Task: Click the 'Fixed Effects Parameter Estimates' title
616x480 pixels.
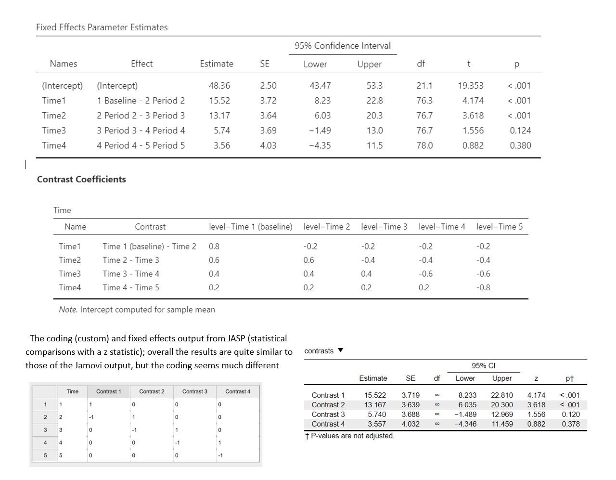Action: pyautogui.click(x=102, y=27)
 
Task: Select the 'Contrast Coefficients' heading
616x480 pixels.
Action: pyautogui.click(x=81, y=179)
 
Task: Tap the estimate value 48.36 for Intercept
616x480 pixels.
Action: pyautogui.click(x=219, y=86)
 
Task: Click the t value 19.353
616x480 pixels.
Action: pyautogui.click(x=470, y=86)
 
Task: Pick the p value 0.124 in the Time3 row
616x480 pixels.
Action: pyautogui.click(x=520, y=130)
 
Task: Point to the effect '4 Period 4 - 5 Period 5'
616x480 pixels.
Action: pyautogui.click(x=141, y=145)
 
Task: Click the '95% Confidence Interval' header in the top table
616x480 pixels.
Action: pyautogui.click(x=343, y=46)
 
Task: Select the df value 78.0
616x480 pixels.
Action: pyautogui.click(x=424, y=145)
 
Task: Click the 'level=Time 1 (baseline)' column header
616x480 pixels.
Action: pyautogui.click(x=250, y=227)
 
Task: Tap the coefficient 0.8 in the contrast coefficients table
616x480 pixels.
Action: pyautogui.click(x=214, y=246)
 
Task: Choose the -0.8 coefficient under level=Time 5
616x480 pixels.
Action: pyautogui.click(x=483, y=287)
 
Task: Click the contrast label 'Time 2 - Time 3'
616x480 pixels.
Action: pyautogui.click(x=130, y=260)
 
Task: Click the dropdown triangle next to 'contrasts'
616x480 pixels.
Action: pyautogui.click(x=341, y=350)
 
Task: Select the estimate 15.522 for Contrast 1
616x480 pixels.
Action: pyautogui.click(x=375, y=395)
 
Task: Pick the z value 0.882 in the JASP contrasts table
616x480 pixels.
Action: pyautogui.click(x=536, y=424)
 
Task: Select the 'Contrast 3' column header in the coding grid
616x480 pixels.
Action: pyautogui.click(x=194, y=391)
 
